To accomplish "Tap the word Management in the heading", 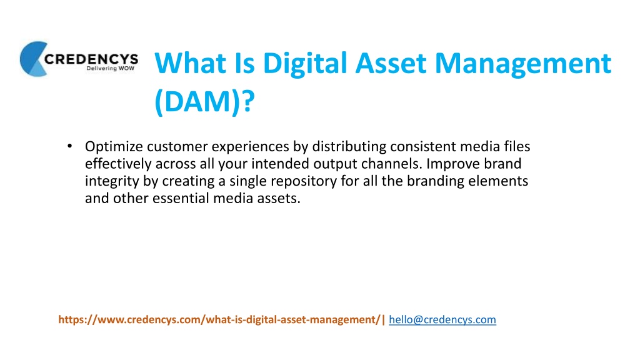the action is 523,64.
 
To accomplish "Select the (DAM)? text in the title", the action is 204,102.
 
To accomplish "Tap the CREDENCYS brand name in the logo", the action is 91,59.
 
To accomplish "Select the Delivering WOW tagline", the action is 110,68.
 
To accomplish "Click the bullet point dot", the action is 70,146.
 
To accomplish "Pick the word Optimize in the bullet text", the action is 114,147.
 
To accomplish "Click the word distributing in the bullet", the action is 349,146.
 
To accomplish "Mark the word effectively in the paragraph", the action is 118,164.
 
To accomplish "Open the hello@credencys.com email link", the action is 442,319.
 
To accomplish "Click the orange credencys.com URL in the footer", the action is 219,319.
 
